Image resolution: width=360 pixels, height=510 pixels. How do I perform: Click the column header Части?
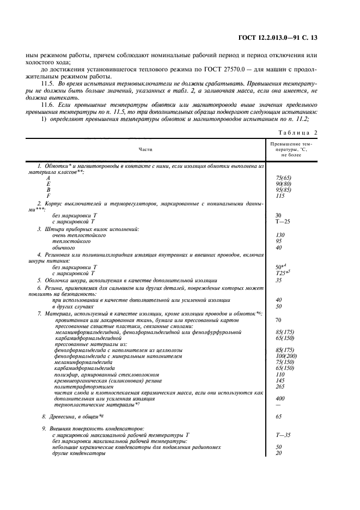pyautogui.click(x=146, y=148)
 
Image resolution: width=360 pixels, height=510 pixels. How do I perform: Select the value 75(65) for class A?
pyautogui.click(x=283, y=178)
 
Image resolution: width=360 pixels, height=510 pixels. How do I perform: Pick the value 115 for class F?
pyautogui.click(x=280, y=195)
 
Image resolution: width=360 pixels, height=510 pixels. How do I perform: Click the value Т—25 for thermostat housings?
pyautogui.click(x=283, y=222)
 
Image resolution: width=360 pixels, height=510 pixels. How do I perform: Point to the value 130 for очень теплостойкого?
pyautogui.click(x=280, y=235)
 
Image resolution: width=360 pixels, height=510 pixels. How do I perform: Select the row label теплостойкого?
pyautogui.click(x=67, y=241)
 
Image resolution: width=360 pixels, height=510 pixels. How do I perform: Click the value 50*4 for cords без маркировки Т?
pyautogui.click(x=282, y=267)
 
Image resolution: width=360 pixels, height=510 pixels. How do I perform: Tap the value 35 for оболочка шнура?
pyautogui.click(x=279, y=280)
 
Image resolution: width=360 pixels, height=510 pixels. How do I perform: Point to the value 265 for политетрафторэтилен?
pyautogui.click(x=280, y=386)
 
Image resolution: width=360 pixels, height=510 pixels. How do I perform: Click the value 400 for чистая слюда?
pyautogui.click(x=280, y=398)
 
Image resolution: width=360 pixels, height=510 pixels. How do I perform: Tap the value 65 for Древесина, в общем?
pyautogui.click(x=279, y=416)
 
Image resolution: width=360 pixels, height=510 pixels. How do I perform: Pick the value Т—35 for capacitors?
pyautogui.click(x=283, y=435)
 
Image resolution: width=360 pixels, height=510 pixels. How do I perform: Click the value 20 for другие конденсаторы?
pyautogui.click(x=279, y=453)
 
